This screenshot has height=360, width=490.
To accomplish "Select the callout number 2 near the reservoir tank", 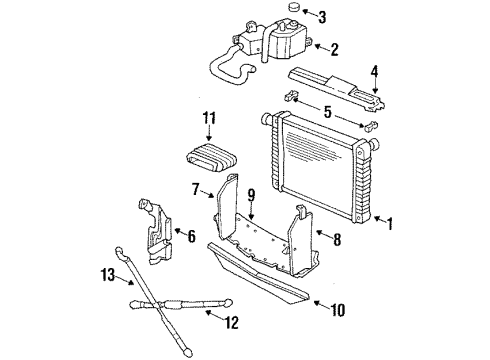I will [335, 47].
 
